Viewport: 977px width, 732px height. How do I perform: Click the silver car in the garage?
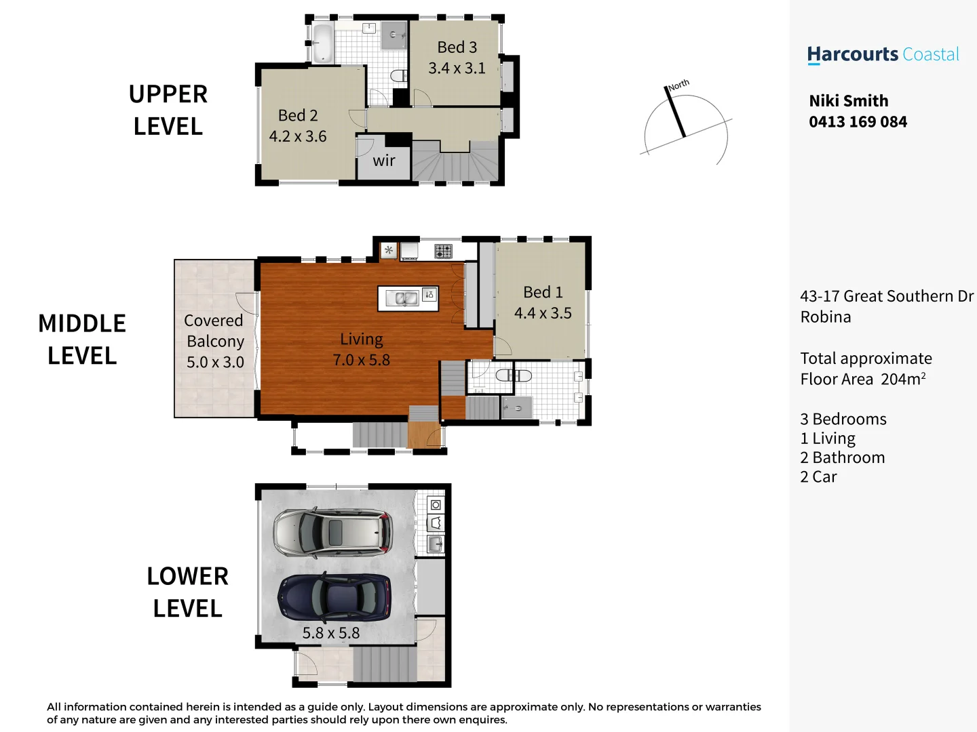tap(332, 532)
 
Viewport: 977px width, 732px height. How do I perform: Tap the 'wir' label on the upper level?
tap(384, 161)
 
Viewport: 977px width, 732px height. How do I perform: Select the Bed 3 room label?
tap(457, 47)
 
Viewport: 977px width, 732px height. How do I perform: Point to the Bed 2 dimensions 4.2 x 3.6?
tap(298, 136)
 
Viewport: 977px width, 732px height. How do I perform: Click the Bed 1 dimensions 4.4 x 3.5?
tap(543, 313)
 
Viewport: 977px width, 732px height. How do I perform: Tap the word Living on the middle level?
tap(362, 339)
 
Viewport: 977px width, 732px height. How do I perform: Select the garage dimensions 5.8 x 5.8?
tap(331, 633)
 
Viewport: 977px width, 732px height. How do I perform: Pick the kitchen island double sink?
tap(406, 298)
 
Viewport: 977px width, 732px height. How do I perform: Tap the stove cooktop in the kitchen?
tap(443, 251)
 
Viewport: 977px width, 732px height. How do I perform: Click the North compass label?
tap(678, 85)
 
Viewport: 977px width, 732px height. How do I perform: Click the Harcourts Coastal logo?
tap(883, 55)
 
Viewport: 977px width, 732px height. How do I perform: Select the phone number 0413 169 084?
tap(858, 122)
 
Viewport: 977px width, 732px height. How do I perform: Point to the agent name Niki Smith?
tap(848, 101)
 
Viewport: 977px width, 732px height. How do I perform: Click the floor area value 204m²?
tap(902, 379)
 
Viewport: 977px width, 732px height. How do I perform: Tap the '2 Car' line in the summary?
tap(818, 477)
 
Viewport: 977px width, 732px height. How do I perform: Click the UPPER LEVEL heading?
tap(168, 110)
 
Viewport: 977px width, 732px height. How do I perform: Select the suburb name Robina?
tap(825, 317)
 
